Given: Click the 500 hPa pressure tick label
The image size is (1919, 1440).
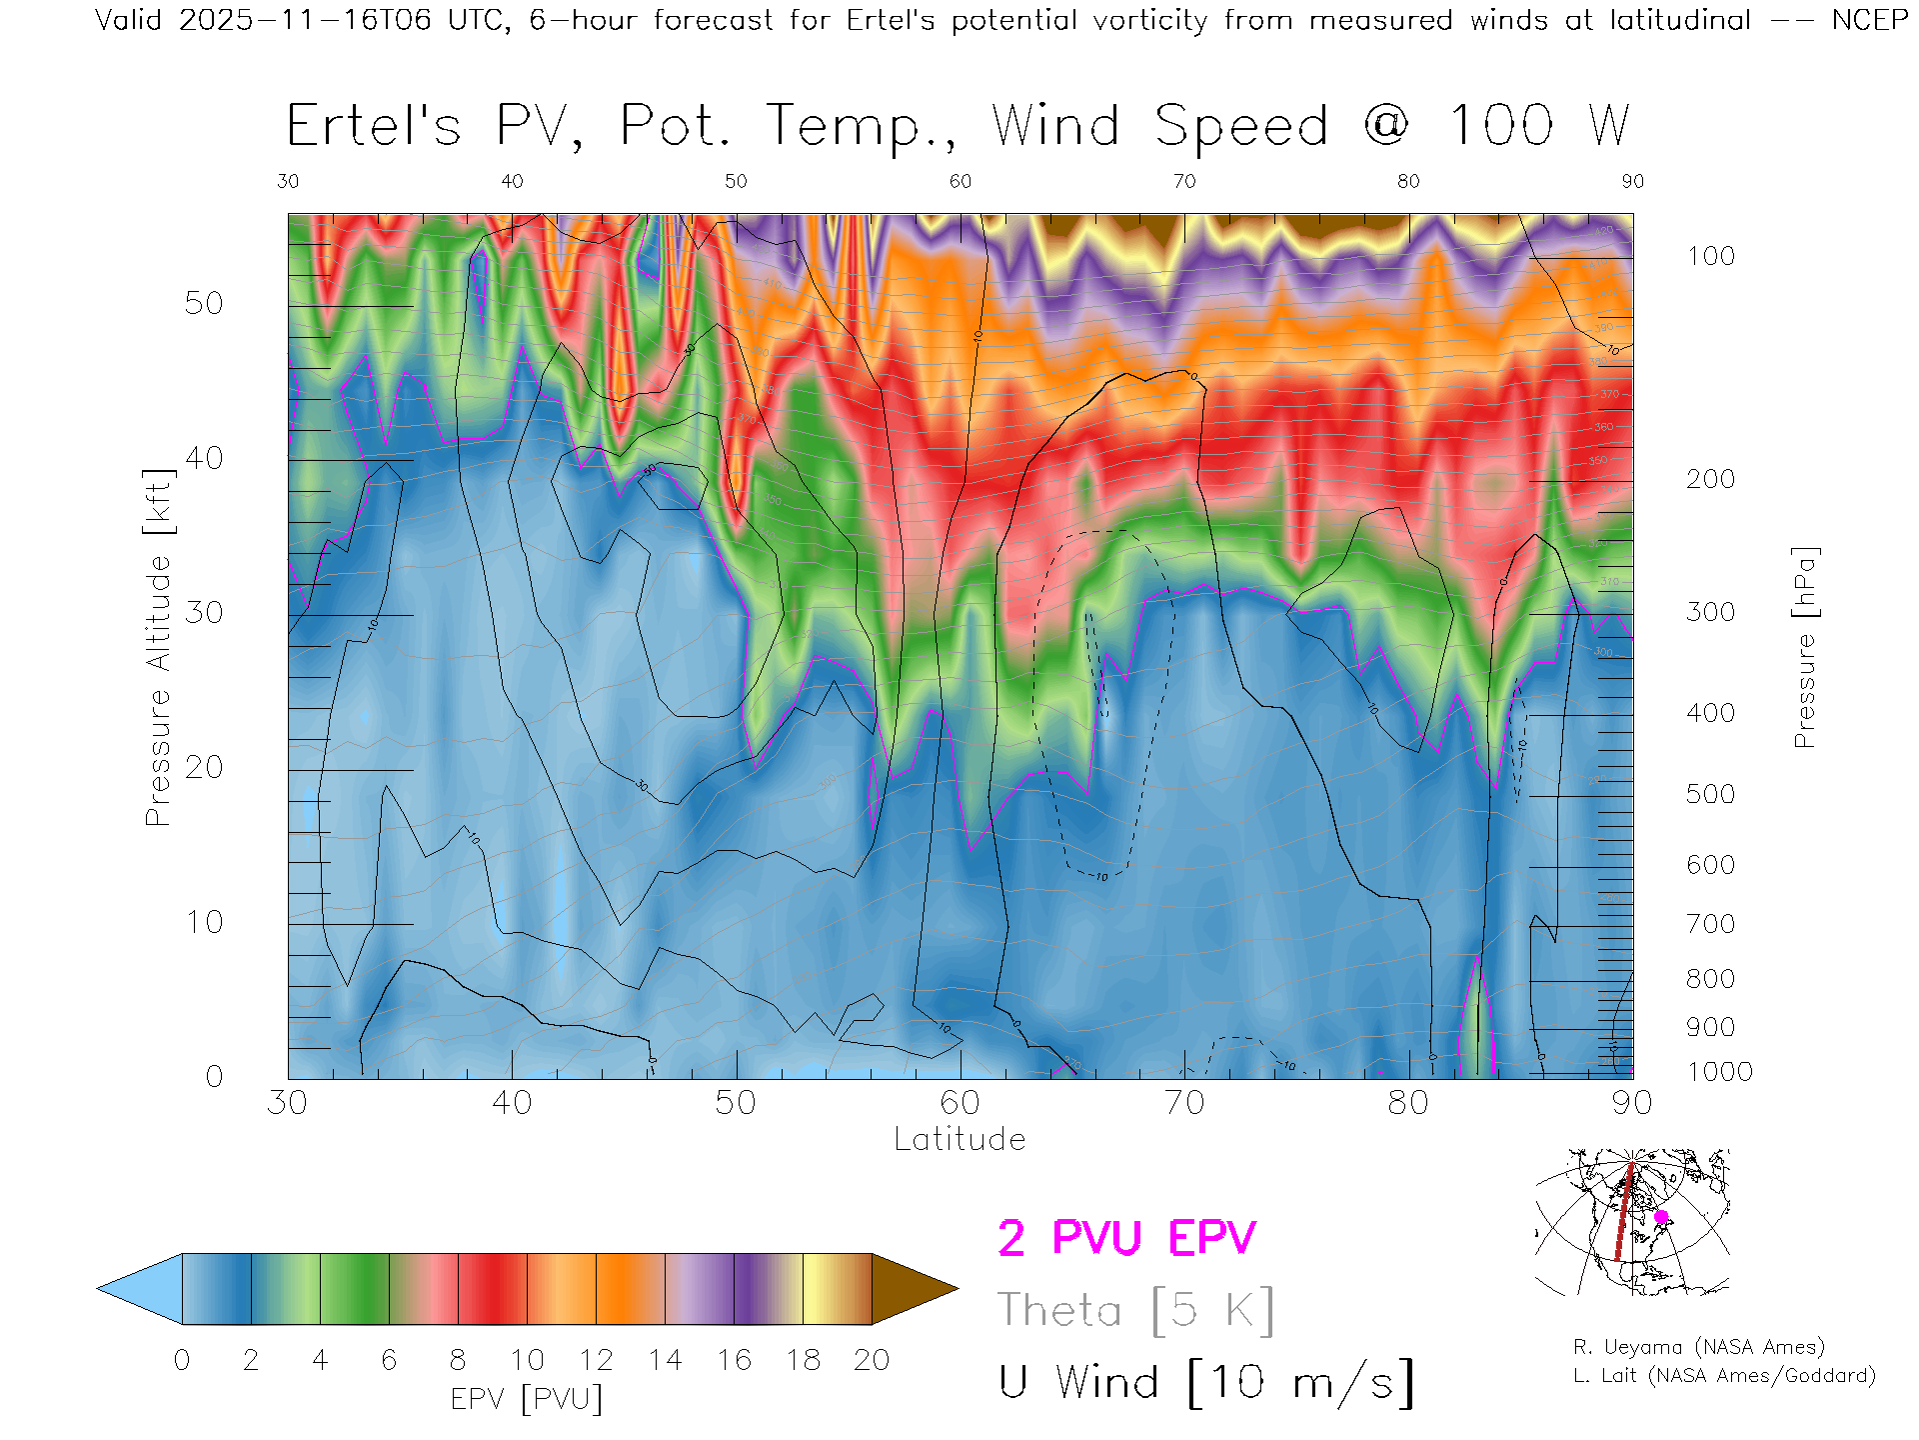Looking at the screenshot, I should [1710, 794].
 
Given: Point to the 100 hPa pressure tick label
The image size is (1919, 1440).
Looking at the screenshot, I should [1710, 256].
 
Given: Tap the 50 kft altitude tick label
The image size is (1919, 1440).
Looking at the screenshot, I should [203, 303].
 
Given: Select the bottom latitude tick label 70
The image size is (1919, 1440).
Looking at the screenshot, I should [1184, 1103].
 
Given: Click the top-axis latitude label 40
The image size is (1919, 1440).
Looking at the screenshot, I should [512, 181].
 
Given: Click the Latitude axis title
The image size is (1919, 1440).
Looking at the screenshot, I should [959, 1139].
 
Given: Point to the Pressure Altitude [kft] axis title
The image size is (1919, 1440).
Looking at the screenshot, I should [158, 647].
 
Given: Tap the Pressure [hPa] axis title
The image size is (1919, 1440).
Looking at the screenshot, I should [1805, 647].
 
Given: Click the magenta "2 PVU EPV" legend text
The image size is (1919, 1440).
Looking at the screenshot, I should [1126, 1238].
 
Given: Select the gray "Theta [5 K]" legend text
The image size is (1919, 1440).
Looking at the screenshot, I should [1135, 1310].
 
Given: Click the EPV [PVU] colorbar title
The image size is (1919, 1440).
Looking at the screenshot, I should [527, 1399].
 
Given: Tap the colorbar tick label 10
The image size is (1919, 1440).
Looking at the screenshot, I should [527, 1360].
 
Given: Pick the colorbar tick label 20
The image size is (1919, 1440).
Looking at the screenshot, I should [872, 1360].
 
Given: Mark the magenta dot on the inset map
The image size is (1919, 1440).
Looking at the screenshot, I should [1661, 1217].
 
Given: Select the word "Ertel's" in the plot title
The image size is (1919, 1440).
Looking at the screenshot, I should [374, 127].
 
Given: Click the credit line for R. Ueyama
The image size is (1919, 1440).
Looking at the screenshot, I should [1698, 1347].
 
